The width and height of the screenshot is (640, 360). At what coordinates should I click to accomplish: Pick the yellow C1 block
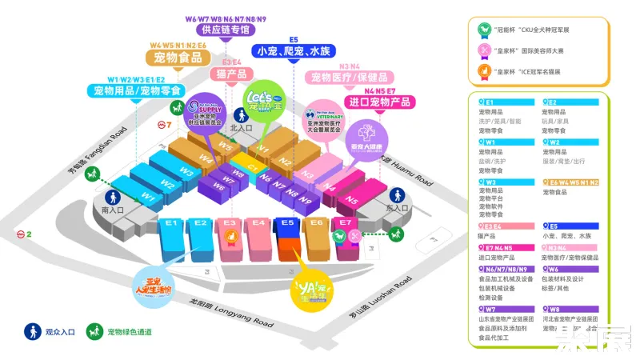point(253,167)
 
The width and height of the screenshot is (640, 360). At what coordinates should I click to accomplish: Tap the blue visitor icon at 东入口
point(397,195)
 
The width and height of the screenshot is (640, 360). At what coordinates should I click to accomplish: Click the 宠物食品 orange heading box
point(178,58)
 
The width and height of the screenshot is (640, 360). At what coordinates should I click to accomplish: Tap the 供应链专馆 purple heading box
point(226,30)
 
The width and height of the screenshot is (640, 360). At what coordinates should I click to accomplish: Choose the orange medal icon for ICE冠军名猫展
point(483,70)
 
